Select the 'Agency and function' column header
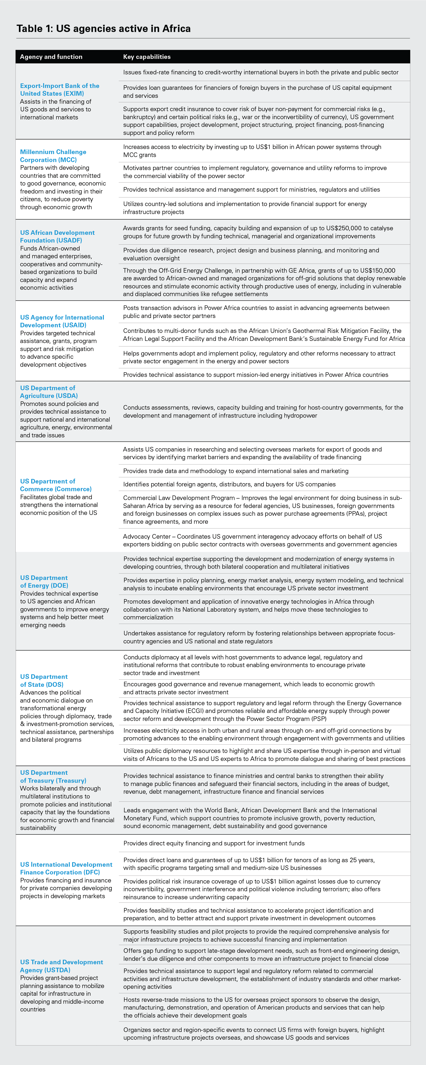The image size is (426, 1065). (x=51, y=57)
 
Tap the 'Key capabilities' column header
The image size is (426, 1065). (x=147, y=57)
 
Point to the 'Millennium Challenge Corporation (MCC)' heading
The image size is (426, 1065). (x=53, y=156)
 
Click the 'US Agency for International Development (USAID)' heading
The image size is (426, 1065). (x=62, y=321)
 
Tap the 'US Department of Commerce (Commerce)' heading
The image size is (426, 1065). (x=56, y=485)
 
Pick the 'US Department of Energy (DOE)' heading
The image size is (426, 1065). (x=44, y=581)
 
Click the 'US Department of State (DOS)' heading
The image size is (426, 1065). (x=44, y=680)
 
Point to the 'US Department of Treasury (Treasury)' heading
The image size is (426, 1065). (x=53, y=776)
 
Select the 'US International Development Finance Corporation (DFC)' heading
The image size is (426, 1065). (x=66, y=868)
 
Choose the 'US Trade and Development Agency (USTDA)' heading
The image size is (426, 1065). (x=62, y=966)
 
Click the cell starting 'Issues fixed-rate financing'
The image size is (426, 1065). (x=260, y=72)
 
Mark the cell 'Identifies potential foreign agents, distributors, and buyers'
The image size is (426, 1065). (x=229, y=484)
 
